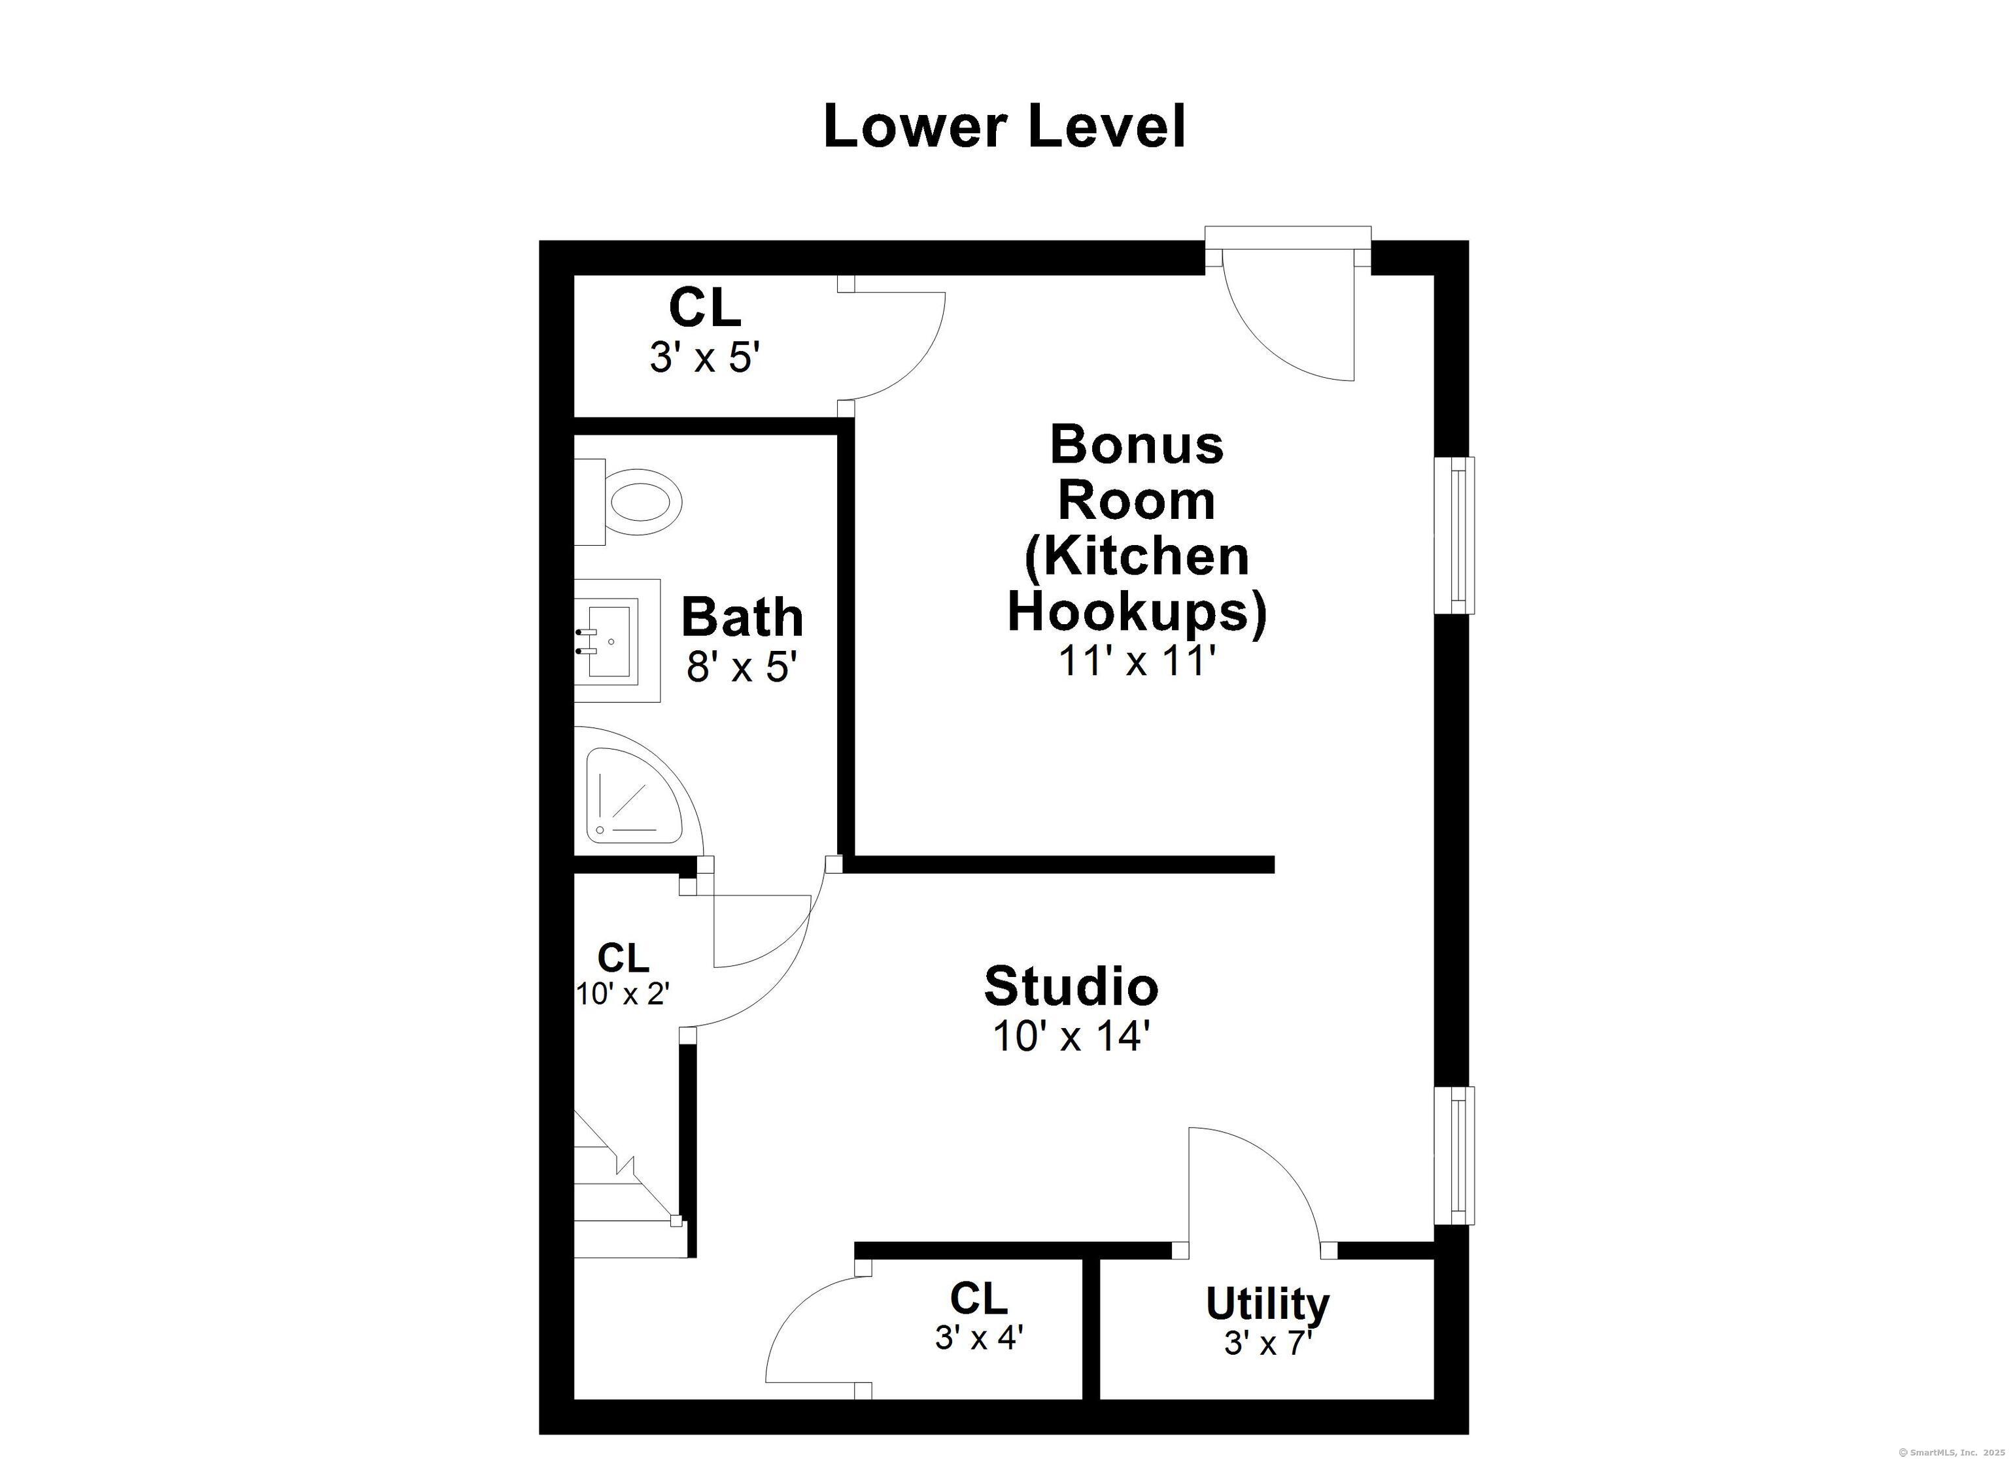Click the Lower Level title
pos(1004,127)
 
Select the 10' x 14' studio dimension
pos(1071,1035)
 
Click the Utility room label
pos(1267,1302)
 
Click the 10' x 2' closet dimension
pos(623,994)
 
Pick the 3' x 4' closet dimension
pos(979,1337)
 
